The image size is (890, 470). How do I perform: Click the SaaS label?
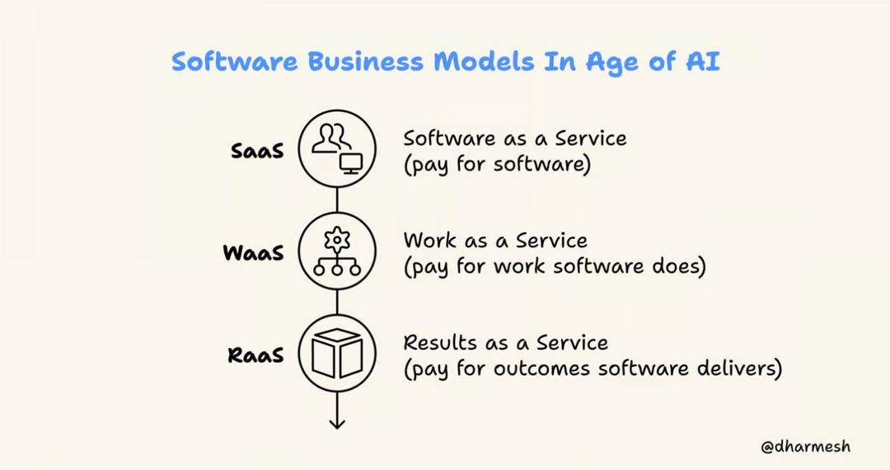click(x=256, y=151)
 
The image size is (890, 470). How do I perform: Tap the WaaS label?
click(x=253, y=252)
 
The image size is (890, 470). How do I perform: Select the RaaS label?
click(x=255, y=355)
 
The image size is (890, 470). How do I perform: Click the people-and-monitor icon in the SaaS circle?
click(x=336, y=149)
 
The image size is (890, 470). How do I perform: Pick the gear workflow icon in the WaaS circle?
click(x=336, y=251)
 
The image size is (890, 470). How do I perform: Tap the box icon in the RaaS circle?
click(x=336, y=354)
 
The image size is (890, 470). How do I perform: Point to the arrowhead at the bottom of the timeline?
click(x=336, y=423)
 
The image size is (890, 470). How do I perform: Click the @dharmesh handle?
click(x=805, y=446)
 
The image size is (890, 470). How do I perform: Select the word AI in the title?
click(x=702, y=62)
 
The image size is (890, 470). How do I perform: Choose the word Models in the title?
click(x=491, y=62)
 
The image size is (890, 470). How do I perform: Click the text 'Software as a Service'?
click(x=514, y=138)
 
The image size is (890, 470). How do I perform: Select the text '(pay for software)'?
click(x=497, y=163)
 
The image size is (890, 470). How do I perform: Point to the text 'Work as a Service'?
click(x=495, y=241)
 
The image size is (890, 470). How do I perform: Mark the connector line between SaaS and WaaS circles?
click(x=336, y=200)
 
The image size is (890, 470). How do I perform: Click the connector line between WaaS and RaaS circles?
click(x=336, y=303)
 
